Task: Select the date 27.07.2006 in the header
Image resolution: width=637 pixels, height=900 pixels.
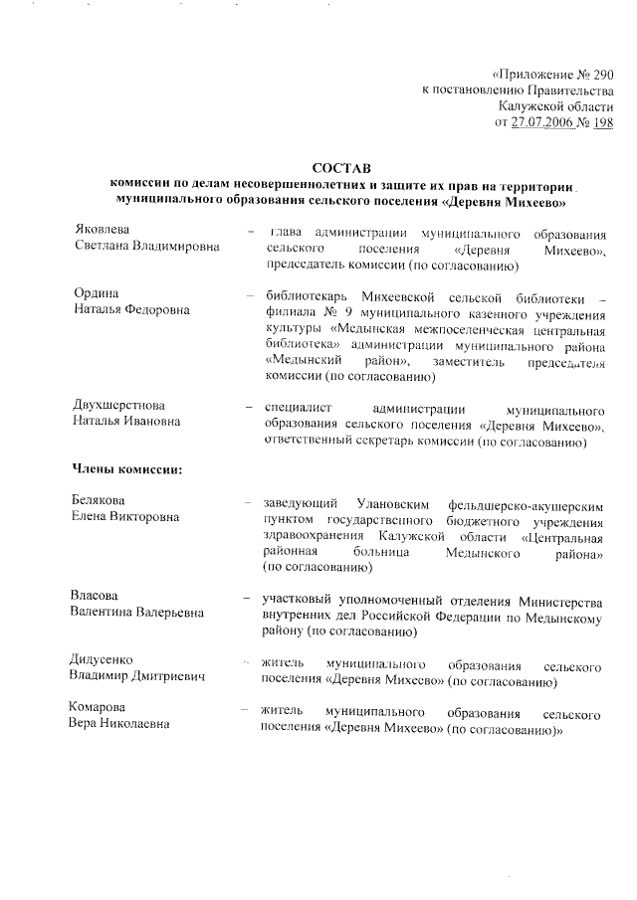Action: pos(543,122)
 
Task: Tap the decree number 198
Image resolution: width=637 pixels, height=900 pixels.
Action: pos(601,122)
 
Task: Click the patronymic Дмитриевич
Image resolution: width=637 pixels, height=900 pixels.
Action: pos(165,677)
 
